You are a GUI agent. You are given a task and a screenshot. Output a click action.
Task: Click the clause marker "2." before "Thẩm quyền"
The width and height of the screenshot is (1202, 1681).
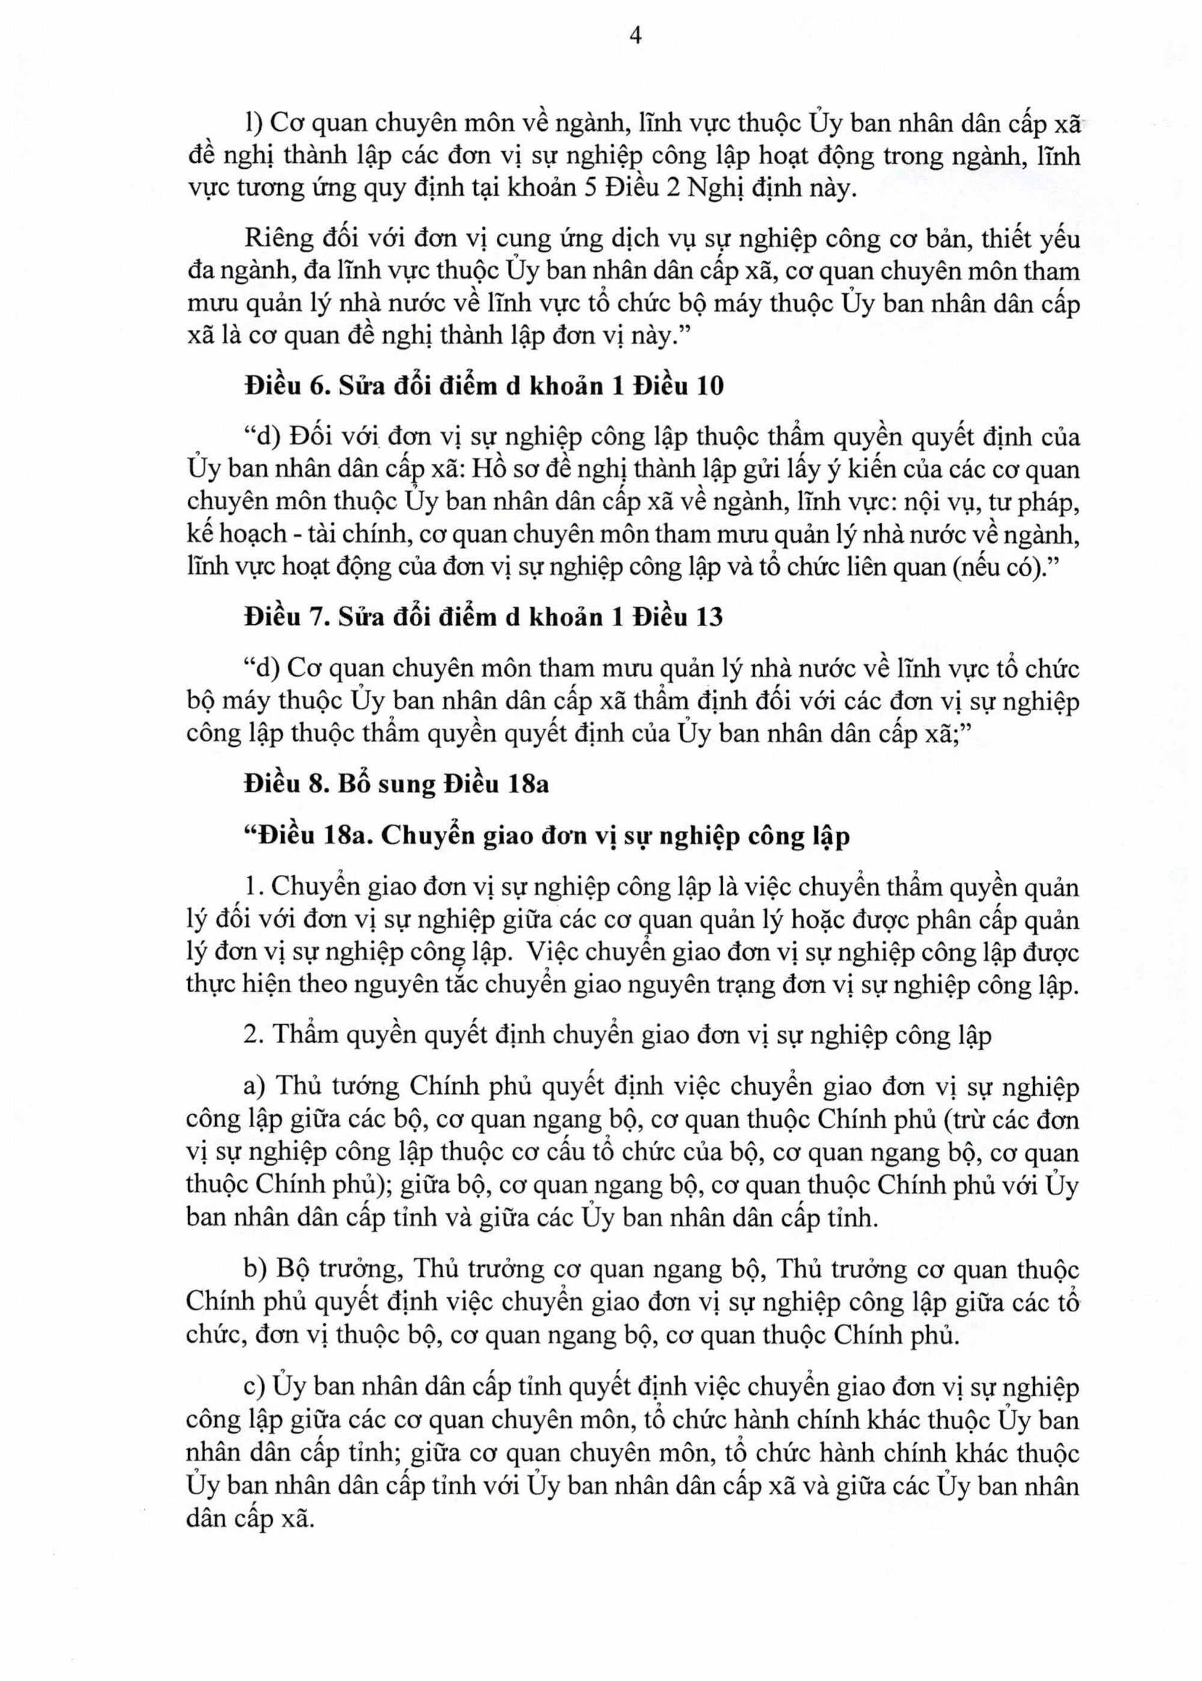(254, 1036)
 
